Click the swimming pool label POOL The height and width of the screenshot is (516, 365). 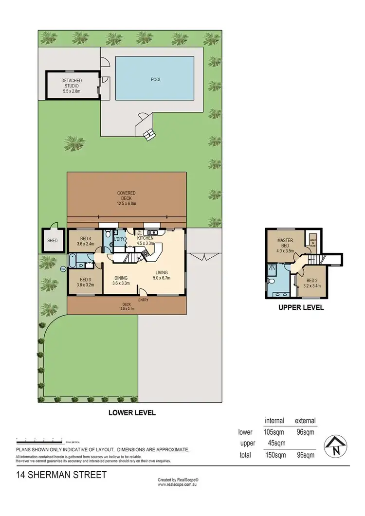pyautogui.click(x=156, y=79)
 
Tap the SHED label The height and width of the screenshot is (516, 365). pyautogui.click(x=52, y=240)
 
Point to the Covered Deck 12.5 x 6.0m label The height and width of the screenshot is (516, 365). pyautogui.click(x=126, y=196)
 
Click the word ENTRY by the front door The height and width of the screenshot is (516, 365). pyautogui.click(x=143, y=300)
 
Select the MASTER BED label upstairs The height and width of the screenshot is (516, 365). pyautogui.click(x=284, y=243)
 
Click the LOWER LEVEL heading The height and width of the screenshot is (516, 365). pyautogui.click(x=132, y=413)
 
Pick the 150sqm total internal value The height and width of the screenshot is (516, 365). pyautogui.click(x=274, y=455)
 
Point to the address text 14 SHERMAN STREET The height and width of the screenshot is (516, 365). pyautogui.click(x=61, y=475)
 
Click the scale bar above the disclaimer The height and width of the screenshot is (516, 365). pyautogui.click(x=39, y=439)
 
